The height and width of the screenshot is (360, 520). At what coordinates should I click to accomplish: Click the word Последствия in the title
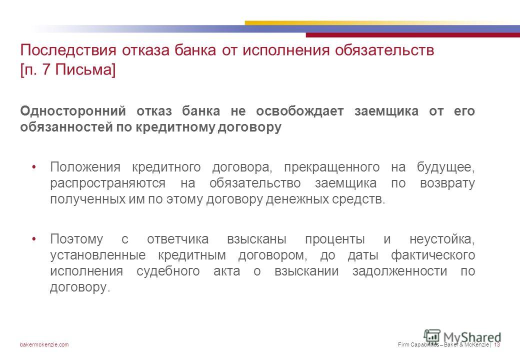click(x=68, y=50)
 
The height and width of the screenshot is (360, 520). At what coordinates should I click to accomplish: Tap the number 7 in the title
click(x=46, y=69)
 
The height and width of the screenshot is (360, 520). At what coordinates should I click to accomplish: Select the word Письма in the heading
click(x=83, y=70)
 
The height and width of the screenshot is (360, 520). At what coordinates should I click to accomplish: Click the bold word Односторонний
click(x=73, y=111)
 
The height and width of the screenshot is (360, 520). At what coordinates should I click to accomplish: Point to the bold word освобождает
click(x=300, y=111)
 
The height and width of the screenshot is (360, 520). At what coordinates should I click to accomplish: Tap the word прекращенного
click(x=331, y=167)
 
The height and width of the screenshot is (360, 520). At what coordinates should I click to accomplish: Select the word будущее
click(x=446, y=167)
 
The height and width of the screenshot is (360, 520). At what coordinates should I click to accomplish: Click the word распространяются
click(x=108, y=183)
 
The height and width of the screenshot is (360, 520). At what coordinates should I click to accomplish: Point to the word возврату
click(x=447, y=183)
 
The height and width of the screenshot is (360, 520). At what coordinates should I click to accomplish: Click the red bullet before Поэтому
click(x=34, y=239)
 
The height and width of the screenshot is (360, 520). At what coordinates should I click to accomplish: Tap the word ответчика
click(x=178, y=239)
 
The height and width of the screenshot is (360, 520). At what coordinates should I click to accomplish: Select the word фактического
click(x=433, y=255)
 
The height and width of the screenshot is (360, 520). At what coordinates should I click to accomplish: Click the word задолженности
click(x=399, y=271)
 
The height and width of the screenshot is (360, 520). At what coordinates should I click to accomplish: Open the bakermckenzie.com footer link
click(x=44, y=345)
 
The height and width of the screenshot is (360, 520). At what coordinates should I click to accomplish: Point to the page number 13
click(x=497, y=345)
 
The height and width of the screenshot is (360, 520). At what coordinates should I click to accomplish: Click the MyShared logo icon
click(x=432, y=336)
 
